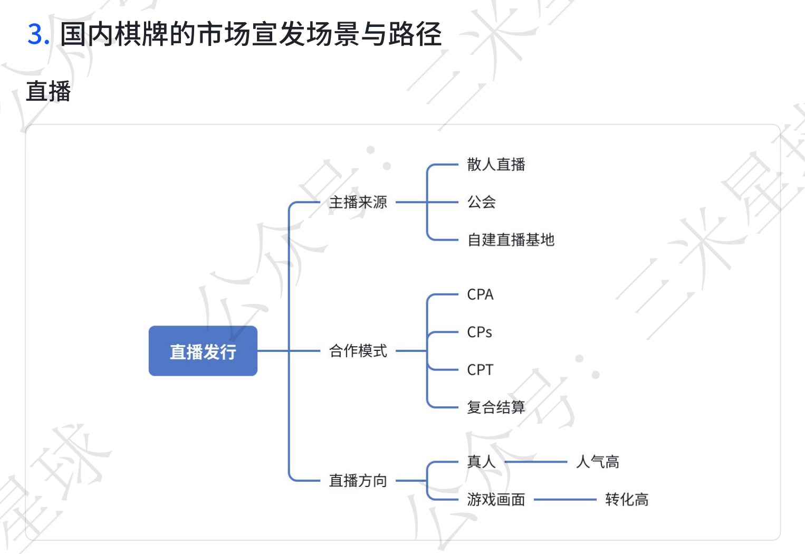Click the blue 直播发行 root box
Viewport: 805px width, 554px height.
pos(203,351)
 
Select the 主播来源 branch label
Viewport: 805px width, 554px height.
pos(358,202)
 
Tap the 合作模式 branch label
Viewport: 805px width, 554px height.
pos(358,351)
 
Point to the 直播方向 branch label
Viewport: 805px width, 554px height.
pos(358,481)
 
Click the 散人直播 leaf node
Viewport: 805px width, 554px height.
pos(496,165)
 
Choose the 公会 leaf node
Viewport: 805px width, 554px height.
pos(481,202)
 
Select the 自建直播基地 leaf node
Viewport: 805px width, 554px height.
pos(511,240)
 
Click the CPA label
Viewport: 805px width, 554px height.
pos(480,294)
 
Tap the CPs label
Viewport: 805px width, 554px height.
pos(480,332)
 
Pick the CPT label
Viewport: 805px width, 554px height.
pos(480,370)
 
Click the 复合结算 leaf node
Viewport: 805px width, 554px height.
pos(496,407)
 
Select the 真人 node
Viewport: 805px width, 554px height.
pos(481,462)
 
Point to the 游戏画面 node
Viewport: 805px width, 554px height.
pos(496,499)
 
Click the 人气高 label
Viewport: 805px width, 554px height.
pos(598,462)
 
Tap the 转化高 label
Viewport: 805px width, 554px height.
pos(627,499)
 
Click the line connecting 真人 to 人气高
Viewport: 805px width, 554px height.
pos(535,462)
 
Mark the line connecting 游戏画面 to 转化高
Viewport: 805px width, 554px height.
pos(564,499)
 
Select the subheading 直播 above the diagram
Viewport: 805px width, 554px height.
pos(49,91)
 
